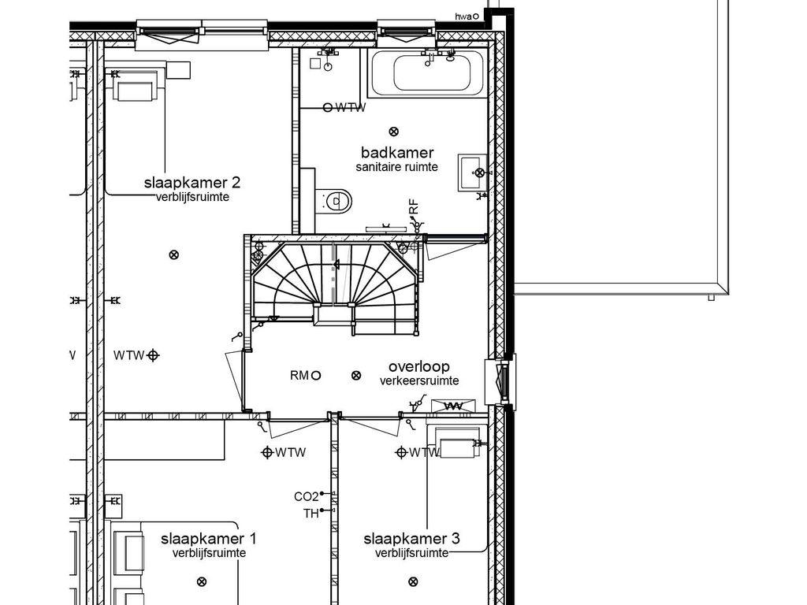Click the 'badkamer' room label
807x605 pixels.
point(397,153)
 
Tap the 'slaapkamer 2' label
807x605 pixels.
point(192,183)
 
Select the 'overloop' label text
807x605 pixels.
point(419,367)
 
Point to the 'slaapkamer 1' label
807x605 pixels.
point(208,539)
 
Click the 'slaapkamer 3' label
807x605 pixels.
point(411,539)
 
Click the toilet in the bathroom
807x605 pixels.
point(333,201)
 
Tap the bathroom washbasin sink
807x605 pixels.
point(473,173)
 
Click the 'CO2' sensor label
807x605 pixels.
point(307,496)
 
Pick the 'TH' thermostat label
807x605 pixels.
point(311,514)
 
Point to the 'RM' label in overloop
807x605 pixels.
point(299,376)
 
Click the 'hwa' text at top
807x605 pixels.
point(463,17)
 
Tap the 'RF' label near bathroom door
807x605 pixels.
point(414,207)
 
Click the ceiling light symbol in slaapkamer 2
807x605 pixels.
point(174,254)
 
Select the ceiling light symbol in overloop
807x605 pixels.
point(355,376)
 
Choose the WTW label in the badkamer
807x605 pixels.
point(351,107)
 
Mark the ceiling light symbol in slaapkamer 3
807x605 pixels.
point(413,582)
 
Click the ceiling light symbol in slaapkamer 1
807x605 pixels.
point(202,582)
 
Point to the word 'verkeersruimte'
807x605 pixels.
point(419,381)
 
